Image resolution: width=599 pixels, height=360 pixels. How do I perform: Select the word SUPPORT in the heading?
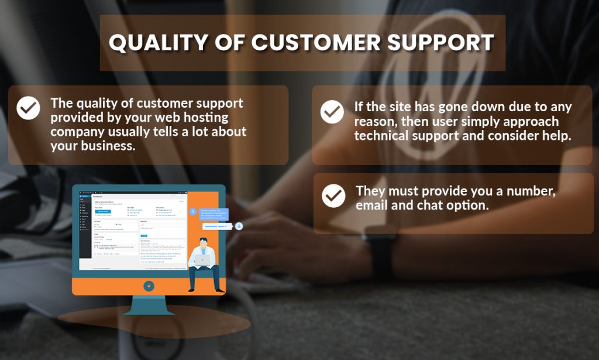tap(444, 43)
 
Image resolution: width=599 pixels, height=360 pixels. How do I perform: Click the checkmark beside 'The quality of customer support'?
tap(28, 108)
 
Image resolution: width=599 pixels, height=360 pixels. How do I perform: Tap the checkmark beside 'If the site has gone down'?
tap(332, 111)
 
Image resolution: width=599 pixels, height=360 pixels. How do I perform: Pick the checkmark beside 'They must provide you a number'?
tap(333, 196)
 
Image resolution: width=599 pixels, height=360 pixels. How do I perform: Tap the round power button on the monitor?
tap(149, 286)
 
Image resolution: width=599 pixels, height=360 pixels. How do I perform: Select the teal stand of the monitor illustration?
tap(149, 305)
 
